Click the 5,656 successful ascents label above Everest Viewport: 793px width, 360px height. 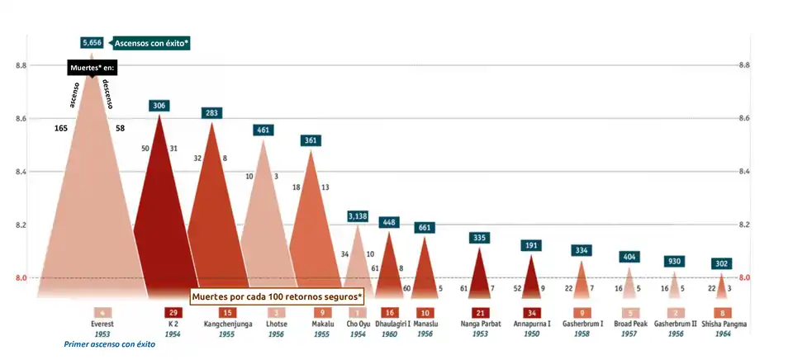(91, 42)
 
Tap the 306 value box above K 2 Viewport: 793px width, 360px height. (159, 106)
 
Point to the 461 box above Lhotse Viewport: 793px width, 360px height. (264, 130)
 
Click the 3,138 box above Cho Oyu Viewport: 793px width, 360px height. (358, 216)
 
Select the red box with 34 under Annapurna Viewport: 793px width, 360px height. (533, 313)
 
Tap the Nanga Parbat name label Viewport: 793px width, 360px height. (480, 324)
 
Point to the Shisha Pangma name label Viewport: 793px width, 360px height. (722, 324)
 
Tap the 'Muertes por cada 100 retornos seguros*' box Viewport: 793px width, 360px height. (277, 296)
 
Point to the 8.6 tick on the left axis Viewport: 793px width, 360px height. (20, 119)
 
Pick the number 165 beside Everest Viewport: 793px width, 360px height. (60, 129)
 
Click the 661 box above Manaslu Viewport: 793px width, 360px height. (425, 227)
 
